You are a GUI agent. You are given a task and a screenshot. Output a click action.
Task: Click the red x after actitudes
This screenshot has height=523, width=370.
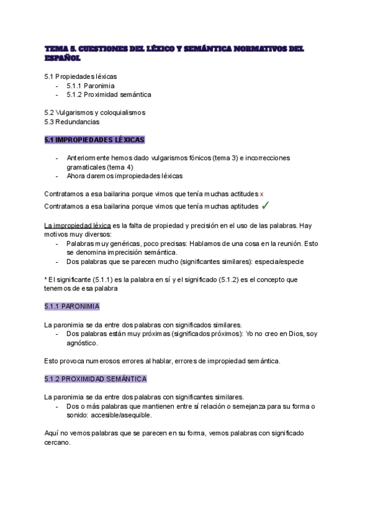[x=262, y=193]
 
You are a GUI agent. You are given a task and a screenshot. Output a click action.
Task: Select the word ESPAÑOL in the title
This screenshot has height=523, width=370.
[x=62, y=58]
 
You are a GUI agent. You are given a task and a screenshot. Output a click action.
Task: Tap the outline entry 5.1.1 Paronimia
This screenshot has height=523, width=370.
[x=91, y=85]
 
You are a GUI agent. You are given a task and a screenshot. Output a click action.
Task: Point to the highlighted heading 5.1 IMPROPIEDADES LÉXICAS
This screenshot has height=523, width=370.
[x=94, y=140]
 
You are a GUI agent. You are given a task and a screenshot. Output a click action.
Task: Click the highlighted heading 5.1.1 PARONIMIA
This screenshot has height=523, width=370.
[x=72, y=306]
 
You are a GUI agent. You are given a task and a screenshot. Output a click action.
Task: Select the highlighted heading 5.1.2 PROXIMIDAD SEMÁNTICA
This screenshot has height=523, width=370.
[x=96, y=378]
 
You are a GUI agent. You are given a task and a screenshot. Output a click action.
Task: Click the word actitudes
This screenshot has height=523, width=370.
[x=242, y=193]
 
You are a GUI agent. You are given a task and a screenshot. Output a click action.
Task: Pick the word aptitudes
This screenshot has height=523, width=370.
[x=241, y=205]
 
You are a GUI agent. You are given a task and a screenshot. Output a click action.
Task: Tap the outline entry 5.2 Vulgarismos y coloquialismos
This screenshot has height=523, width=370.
[x=95, y=112]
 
